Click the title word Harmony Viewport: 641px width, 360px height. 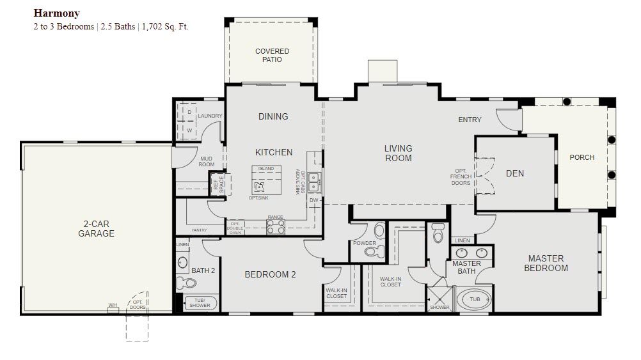tap(57, 13)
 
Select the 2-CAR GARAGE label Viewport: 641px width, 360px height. tap(96, 229)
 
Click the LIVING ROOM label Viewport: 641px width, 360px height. tap(398, 153)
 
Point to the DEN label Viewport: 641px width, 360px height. tap(515, 173)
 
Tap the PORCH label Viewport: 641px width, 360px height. tap(582, 157)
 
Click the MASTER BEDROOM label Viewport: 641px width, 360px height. tap(546, 263)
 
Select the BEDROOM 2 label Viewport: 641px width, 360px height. tap(270, 275)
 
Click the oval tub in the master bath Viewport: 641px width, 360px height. tap(475, 299)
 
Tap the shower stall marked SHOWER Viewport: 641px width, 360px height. tap(439, 298)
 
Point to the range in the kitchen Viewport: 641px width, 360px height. tap(275, 226)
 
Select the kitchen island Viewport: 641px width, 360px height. tap(266, 181)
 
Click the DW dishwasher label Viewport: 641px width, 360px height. tap(313, 200)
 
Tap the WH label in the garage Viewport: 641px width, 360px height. tap(113, 306)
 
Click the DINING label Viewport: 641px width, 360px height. tap(273, 116)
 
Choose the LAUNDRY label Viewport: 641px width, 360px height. tap(210, 116)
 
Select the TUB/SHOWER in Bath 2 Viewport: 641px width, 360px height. tap(200, 303)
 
